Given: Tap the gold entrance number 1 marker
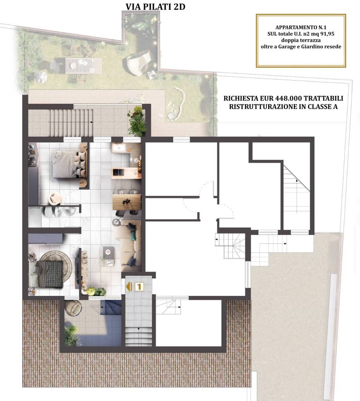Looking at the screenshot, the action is pos(139,286).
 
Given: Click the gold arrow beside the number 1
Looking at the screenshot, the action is pos(129,286).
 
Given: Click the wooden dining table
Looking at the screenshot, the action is pos(127,202).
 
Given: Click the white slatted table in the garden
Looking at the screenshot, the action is pos(84,65).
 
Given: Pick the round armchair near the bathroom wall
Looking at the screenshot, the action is pos(55,198).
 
